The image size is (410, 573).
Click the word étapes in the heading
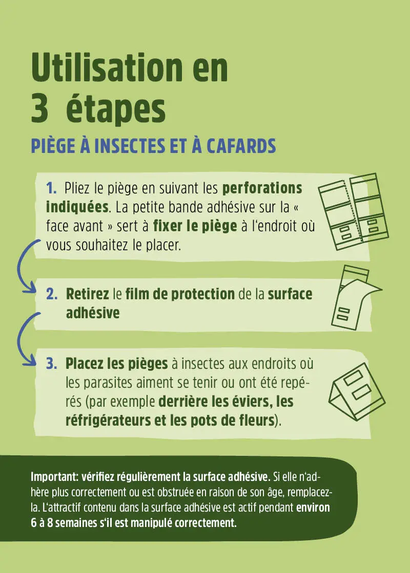point(116,109)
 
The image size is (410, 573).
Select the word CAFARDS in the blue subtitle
point(241,146)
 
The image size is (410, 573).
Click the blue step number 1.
point(51,188)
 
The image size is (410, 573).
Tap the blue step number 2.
point(52,294)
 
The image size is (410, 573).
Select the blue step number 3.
point(52,364)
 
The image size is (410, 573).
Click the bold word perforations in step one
point(262,189)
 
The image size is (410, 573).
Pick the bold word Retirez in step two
point(88,294)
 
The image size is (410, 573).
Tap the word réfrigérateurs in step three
point(108,421)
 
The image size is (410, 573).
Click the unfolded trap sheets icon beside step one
point(353,212)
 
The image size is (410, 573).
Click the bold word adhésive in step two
point(93,313)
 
